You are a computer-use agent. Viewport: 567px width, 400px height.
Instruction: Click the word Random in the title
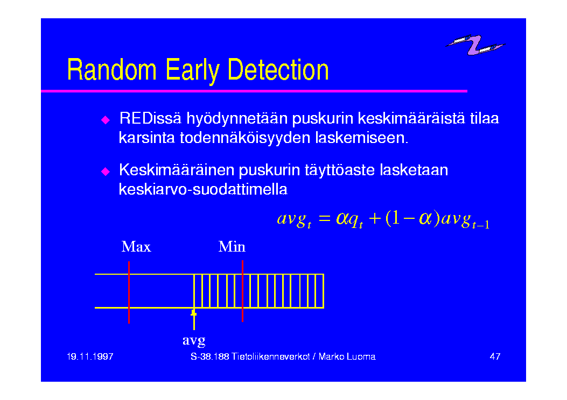(x=112, y=70)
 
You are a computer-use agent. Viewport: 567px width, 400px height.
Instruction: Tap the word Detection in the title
(x=278, y=70)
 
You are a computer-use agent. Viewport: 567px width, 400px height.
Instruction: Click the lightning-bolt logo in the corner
(x=475, y=45)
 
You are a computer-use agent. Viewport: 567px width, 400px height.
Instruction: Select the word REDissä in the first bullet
(x=150, y=118)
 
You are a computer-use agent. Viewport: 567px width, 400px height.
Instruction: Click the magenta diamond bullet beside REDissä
(x=106, y=120)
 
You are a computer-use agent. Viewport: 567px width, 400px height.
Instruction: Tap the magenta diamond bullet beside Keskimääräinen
(x=106, y=172)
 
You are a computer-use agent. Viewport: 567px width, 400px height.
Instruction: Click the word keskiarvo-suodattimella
(x=203, y=189)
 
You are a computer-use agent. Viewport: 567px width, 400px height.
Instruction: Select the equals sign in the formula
(x=324, y=218)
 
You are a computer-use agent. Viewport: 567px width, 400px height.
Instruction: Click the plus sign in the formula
(x=375, y=218)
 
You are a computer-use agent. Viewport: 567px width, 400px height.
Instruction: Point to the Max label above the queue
(x=136, y=247)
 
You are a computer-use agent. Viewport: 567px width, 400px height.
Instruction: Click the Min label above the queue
(x=232, y=247)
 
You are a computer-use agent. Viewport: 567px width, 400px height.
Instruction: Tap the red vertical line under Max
(x=129, y=292)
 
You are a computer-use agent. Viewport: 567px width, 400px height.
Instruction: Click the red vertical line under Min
(x=243, y=291)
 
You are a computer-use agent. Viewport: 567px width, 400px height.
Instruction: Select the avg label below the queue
(x=194, y=340)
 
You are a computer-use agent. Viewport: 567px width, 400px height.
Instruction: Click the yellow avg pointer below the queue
(x=194, y=319)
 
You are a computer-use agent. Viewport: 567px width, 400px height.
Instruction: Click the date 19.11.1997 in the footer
(x=90, y=356)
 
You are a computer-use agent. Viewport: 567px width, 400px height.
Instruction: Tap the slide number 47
(x=495, y=356)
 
